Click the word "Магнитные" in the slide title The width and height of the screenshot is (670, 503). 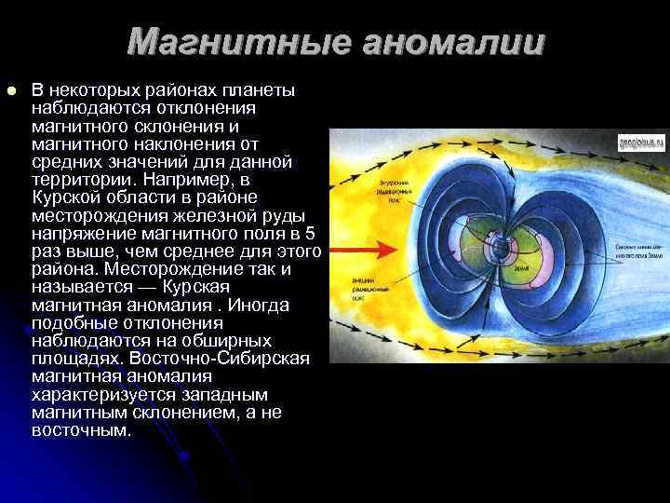pyautogui.click(x=236, y=42)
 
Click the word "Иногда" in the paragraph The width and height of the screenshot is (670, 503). pyautogui.click(x=262, y=305)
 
